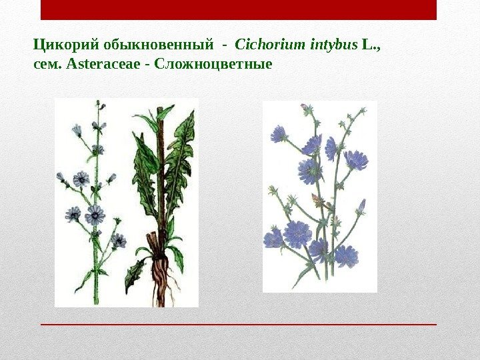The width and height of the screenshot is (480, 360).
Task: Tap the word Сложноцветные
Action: [x=213, y=65]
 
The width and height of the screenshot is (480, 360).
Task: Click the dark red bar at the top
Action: [x=239, y=10]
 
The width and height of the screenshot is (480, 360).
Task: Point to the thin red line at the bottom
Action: [x=239, y=324]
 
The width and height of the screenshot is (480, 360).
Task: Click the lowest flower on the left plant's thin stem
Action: [x=119, y=240]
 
